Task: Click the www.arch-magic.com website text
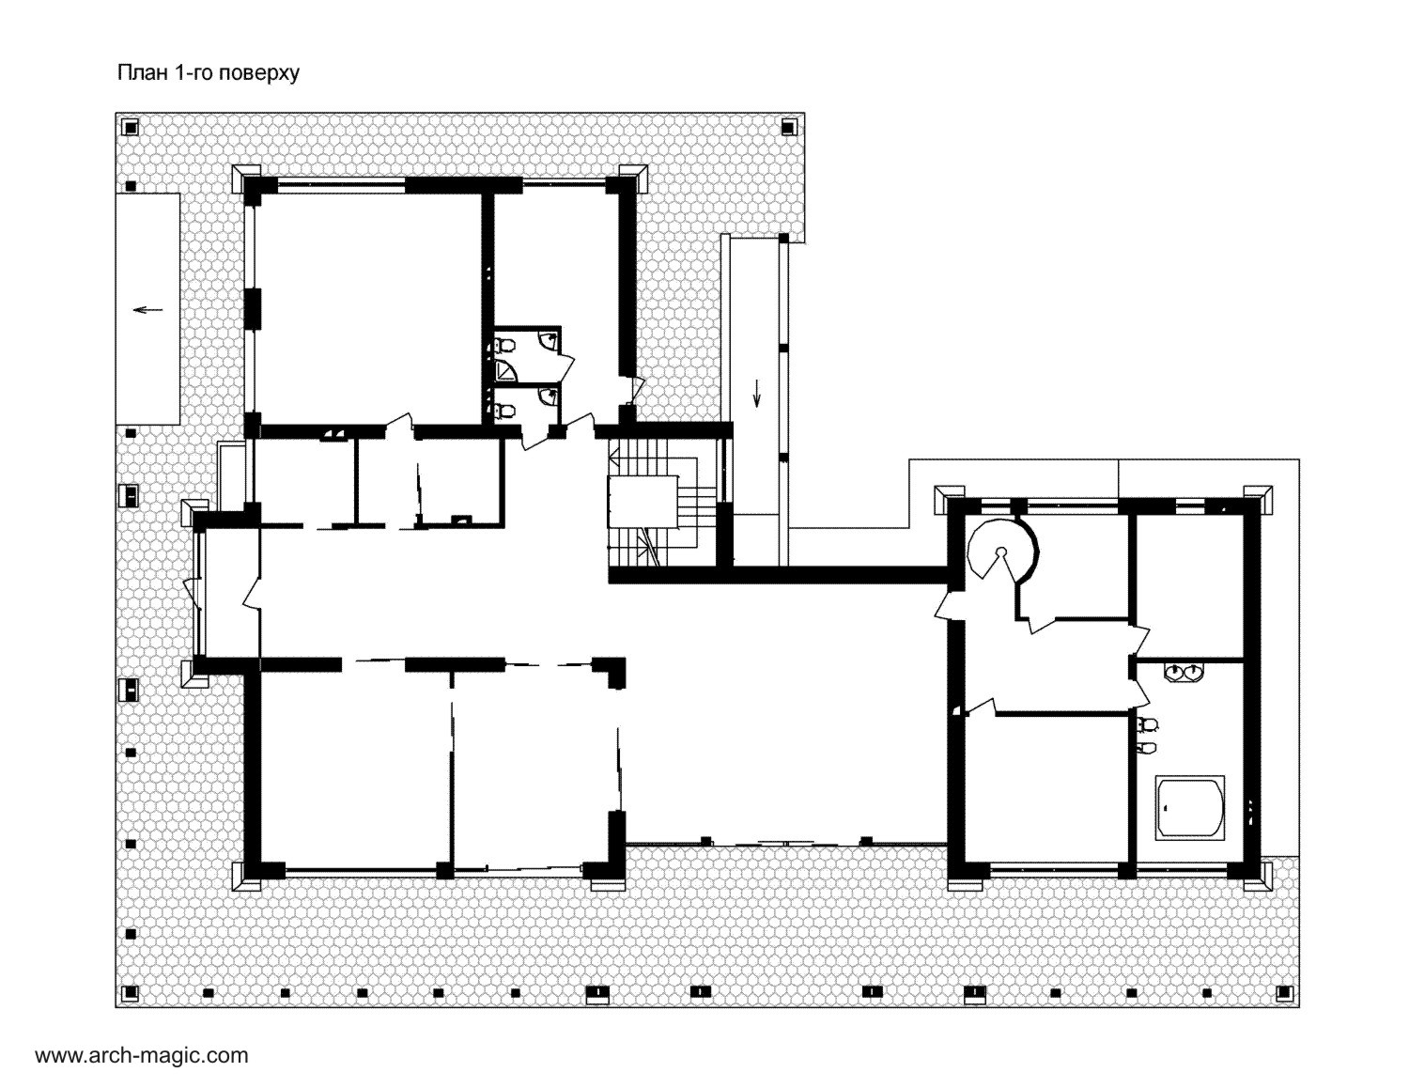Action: point(141,1055)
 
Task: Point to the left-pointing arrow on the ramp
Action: point(147,310)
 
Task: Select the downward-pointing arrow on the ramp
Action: point(757,393)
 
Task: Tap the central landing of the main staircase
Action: point(643,502)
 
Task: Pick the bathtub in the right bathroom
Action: point(1189,808)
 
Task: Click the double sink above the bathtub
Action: point(1184,673)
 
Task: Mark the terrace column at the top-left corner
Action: point(131,127)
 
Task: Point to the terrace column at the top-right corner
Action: point(788,127)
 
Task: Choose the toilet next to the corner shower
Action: point(504,344)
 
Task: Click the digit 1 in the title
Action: point(180,72)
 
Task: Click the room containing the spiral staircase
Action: point(1070,564)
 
